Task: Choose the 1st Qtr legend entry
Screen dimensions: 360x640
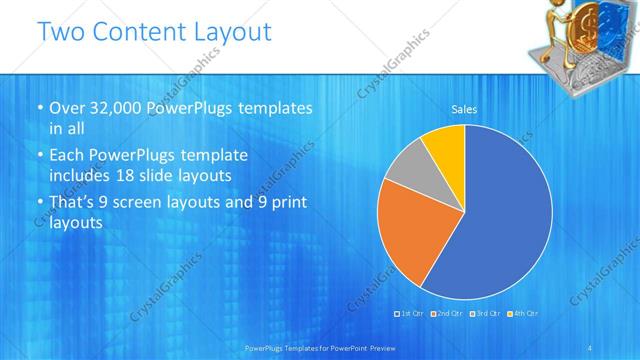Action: point(411,314)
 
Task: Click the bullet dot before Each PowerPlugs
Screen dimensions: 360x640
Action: point(39,156)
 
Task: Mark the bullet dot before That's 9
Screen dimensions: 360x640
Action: point(39,203)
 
